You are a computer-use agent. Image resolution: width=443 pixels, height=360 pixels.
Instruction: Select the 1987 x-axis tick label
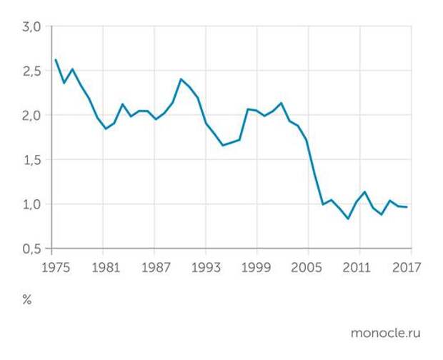point(154,269)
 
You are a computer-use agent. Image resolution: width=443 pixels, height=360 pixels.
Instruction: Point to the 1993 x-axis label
point(206,269)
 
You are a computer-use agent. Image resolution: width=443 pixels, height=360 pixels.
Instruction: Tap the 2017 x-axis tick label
point(406,269)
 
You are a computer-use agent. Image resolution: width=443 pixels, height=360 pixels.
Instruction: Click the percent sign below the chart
point(27,300)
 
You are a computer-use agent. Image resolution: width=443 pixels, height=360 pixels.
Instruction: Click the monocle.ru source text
point(386,333)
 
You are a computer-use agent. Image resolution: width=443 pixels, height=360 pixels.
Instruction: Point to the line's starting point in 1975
point(55,60)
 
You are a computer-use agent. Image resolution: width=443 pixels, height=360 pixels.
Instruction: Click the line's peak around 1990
point(181,79)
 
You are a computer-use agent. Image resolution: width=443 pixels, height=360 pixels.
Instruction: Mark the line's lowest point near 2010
point(349,219)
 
